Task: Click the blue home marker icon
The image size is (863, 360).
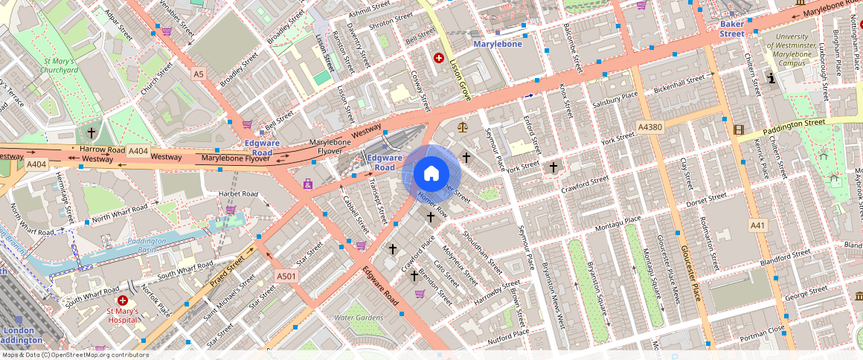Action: click(431, 174)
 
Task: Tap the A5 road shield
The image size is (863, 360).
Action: click(198, 74)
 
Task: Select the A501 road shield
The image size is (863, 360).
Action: click(286, 277)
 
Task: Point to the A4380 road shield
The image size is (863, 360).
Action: click(650, 128)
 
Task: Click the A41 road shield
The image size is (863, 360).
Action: click(757, 225)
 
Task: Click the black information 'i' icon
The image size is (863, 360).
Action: click(772, 77)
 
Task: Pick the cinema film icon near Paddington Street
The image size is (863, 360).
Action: click(738, 129)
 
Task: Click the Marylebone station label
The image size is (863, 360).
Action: click(498, 44)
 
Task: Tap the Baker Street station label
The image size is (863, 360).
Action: click(732, 29)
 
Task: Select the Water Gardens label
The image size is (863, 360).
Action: click(359, 318)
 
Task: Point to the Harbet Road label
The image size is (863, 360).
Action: click(237, 194)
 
